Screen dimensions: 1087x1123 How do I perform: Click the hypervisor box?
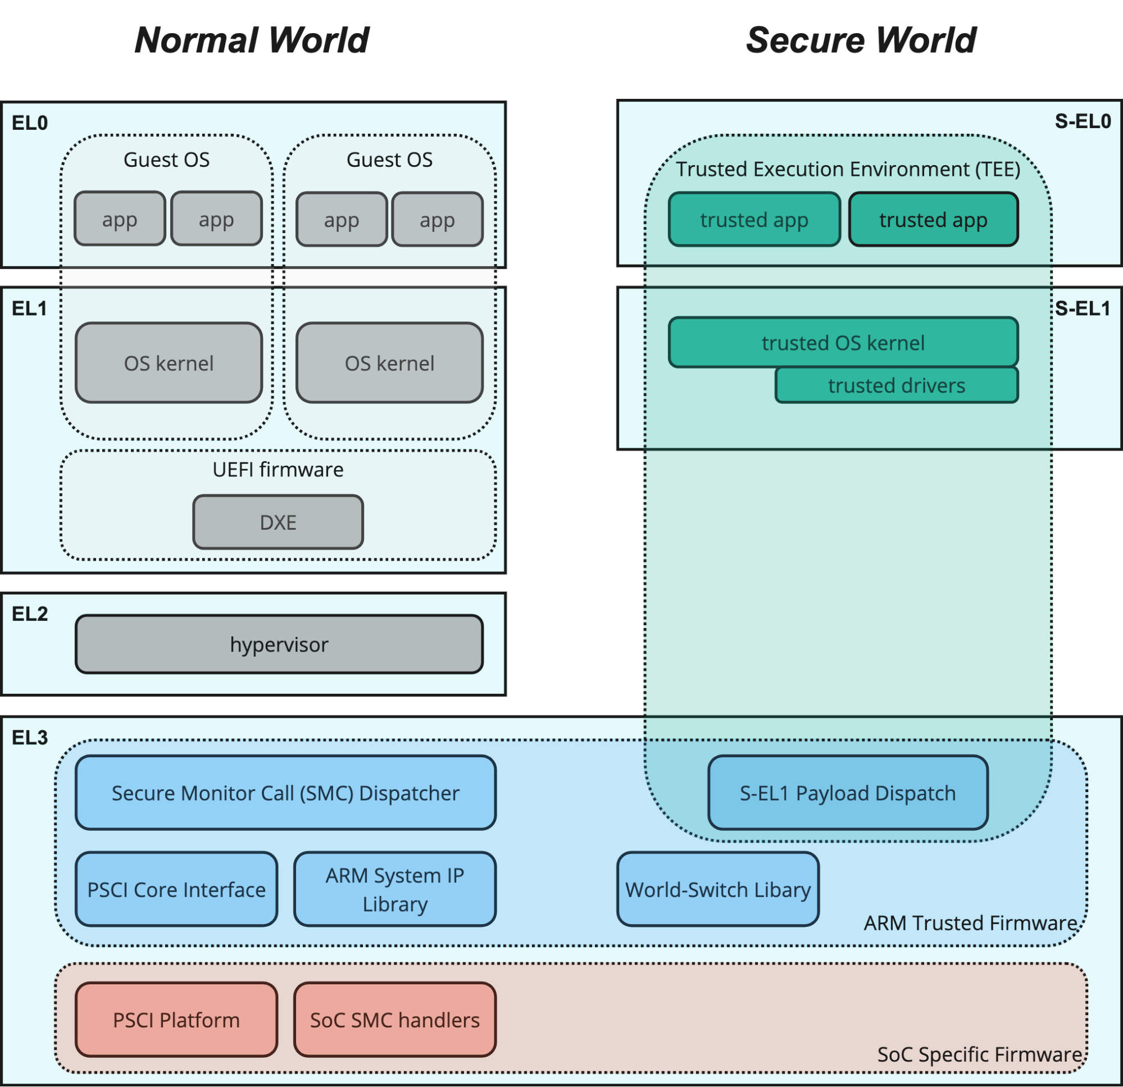(x=279, y=644)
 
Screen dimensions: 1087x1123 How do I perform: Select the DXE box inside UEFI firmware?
(x=278, y=522)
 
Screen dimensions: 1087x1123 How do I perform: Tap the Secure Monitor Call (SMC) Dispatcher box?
(x=285, y=793)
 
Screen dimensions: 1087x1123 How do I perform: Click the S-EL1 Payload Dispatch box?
(x=847, y=793)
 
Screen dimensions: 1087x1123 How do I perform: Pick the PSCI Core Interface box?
(x=176, y=889)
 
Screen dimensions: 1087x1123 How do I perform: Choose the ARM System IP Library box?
(x=395, y=889)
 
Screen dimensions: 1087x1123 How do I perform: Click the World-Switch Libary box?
(x=717, y=889)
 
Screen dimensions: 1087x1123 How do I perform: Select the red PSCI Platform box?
(x=176, y=1020)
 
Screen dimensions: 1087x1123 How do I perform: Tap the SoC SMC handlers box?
(x=395, y=1020)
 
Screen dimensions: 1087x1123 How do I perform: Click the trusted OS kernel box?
(x=843, y=342)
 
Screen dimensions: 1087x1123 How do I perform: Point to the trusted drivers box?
(x=896, y=385)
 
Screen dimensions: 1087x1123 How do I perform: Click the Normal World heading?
(x=252, y=40)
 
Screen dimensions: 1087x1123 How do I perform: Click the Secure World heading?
(x=861, y=40)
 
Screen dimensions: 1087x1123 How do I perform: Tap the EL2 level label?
(x=30, y=613)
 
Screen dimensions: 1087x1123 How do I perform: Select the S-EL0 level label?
(x=1083, y=121)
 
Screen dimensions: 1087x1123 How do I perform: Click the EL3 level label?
(x=30, y=738)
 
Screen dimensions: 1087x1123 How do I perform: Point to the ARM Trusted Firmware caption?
(x=970, y=922)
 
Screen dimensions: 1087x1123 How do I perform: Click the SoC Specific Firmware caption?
(x=979, y=1054)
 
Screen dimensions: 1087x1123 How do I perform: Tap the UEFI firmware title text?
(x=278, y=469)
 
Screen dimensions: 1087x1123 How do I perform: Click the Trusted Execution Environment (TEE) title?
(x=847, y=169)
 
